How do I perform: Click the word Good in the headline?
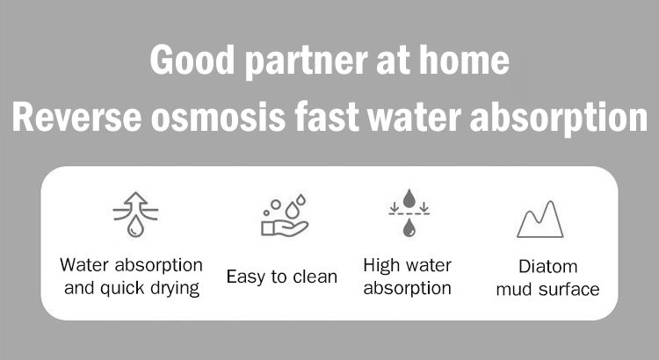click(x=192, y=60)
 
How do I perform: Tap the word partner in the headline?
click(x=307, y=62)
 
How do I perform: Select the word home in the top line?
click(x=465, y=60)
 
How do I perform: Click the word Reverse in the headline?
click(x=77, y=117)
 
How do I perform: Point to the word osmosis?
click(x=218, y=117)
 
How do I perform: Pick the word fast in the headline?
click(x=327, y=117)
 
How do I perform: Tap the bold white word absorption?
click(x=559, y=119)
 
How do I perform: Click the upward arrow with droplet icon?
click(x=135, y=214)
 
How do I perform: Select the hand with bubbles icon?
click(x=285, y=215)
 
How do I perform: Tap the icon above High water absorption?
click(x=409, y=213)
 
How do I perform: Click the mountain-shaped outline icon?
click(x=540, y=220)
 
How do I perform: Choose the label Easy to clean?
click(x=282, y=277)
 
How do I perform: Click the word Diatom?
click(x=547, y=266)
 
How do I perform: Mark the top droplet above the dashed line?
click(x=409, y=198)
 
